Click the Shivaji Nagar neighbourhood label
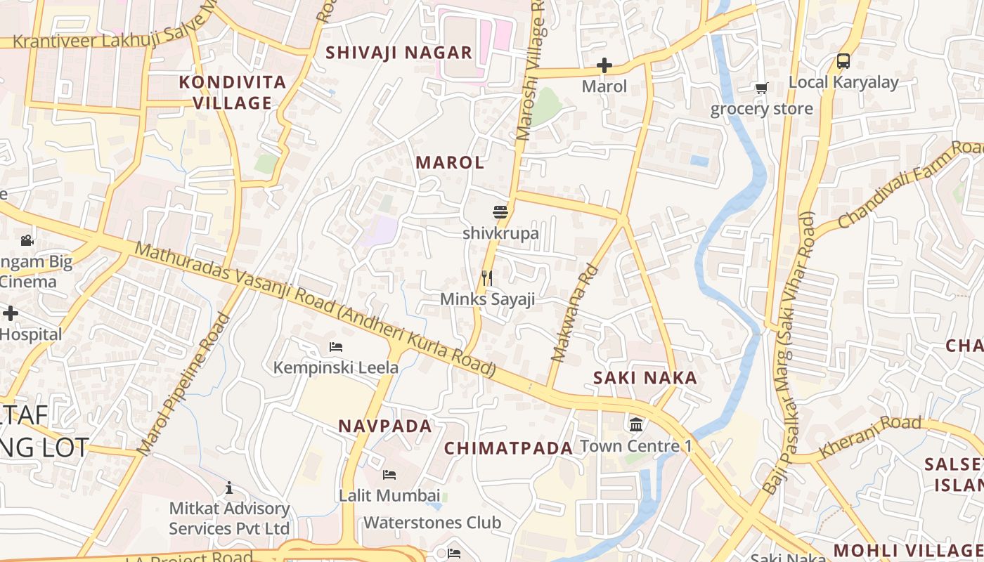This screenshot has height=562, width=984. click(x=399, y=53)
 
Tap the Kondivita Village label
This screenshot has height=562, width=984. click(x=233, y=92)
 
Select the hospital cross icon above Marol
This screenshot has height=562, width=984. click(x=604, y=66)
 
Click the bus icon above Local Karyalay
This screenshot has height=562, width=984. click(x=843, y=61)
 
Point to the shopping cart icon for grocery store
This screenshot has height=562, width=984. click(x=761, y=89)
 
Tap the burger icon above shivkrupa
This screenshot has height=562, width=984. click(x=500, y=211)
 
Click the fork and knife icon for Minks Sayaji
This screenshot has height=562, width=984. click(x=486, y=278)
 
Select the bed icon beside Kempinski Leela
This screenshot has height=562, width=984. click(x=336, y=346)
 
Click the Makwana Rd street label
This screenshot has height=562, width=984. click(x=574, y=313)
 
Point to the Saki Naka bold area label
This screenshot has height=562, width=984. click(x=645, y=378)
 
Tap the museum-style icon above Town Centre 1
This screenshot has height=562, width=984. click(x=636, y=424)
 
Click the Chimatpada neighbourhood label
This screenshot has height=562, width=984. click(x=509, y=448)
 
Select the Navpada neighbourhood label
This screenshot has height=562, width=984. click(x=385, y=426)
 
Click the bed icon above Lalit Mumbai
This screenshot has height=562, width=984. click(x=389, y=475)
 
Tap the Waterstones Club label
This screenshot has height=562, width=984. click(x=432, y=523)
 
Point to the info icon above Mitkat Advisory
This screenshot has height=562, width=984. click(x=228, y=488)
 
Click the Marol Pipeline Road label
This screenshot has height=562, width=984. click(x=183, y=384)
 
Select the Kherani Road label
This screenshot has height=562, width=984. click(x=870, y=436)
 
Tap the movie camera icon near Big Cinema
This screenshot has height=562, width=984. click(x=27, y=240)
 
